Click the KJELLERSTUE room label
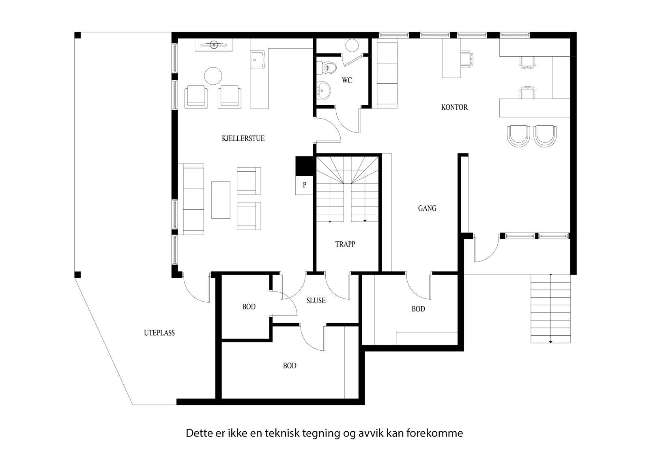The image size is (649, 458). click(243, 138)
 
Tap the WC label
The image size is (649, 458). click(347, 81)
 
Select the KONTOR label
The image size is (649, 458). click(454, 107)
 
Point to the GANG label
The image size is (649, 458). click(427, 209)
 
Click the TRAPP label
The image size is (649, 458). click(345, 244)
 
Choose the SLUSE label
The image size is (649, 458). click(316, 301)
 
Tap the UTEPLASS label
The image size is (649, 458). click(159, 333)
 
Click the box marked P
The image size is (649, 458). click(304, 185)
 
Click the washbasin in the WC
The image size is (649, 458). click(323, 90)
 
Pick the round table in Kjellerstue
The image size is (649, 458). click(213, 75)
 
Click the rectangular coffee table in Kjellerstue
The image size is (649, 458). click(221, 200)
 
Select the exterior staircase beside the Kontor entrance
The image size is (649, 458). click(550, 309)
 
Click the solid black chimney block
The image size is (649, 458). click(304, 166)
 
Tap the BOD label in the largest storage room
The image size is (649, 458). click(290, 366)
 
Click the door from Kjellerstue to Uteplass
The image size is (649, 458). click(197, 288)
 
